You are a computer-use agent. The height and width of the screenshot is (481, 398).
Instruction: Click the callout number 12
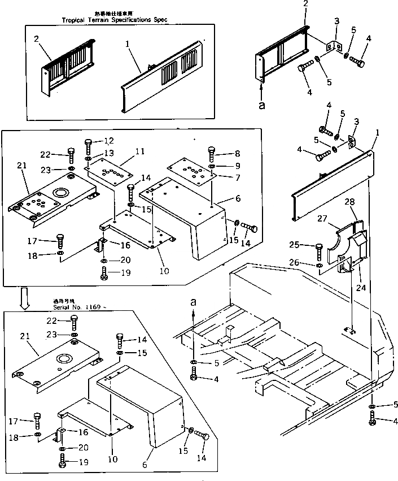pos(109,141)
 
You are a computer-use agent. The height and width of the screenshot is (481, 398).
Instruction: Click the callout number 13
pos(109,153)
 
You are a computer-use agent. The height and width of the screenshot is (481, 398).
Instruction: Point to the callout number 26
pos(309,263)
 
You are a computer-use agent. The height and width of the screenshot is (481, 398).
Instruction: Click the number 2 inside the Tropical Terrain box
pos(36,40)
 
